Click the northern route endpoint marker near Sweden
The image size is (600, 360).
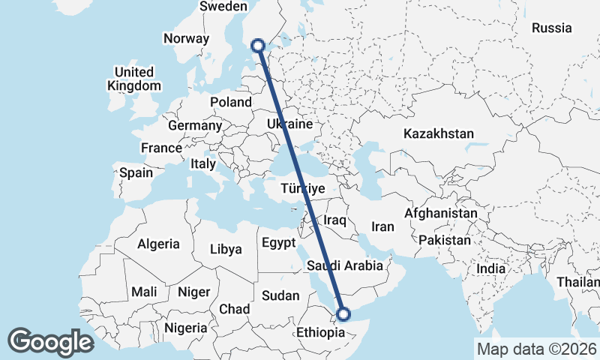pos(259,45)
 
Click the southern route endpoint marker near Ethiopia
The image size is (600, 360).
pos(344,314)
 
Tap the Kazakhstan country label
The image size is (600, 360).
pos(439,133)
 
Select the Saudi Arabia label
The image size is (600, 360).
pos(345,265)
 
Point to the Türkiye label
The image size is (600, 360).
pos(304,189)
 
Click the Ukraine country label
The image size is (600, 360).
pos(289,123)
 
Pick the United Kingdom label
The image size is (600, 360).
pos(134,79)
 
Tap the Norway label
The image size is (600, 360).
pos(186,39)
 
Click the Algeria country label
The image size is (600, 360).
pos(158,244)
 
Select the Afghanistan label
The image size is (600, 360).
pos(440,214)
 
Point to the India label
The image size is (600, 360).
pos(491,268)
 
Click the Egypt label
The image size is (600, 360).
pos(280,243)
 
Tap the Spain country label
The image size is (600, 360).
pos(136,172)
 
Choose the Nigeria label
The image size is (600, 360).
pos(185,328)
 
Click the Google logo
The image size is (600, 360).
pos(50,342)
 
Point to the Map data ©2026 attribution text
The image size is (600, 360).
pos(536,349)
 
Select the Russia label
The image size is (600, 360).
pos(552,28)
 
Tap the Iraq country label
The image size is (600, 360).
pos(334,220)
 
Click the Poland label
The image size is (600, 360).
pos(231,102)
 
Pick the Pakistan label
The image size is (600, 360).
pos(445,241)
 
